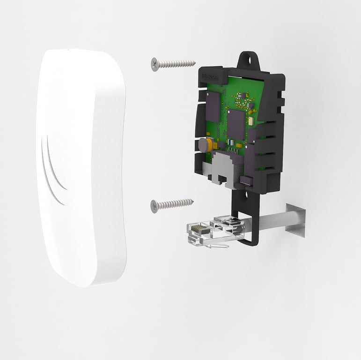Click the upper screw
pos(173,63)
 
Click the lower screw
pos(172,204)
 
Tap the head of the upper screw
pos(155,64)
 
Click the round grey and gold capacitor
pos(204,145)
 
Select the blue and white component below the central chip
pos(230,142)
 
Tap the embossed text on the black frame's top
pos(209,75)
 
